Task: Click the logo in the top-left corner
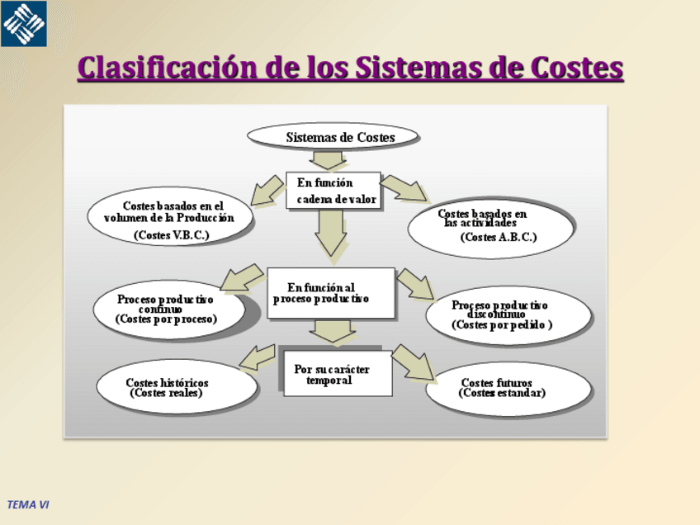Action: coord(23,23)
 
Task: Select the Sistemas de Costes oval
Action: coord(333,137)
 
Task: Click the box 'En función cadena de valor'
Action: coord(333,191)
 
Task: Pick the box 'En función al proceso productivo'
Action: coord(330,293)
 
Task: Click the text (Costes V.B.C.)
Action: coord(171,235)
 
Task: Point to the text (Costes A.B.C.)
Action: coord(499,237)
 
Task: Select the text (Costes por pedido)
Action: coord(501,325)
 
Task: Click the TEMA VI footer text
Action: coord(28,504)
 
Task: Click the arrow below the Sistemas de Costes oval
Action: coord(328,158)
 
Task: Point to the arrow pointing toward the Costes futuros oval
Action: coord(412,362)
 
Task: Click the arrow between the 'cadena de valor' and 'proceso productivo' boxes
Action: coord(331,232)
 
